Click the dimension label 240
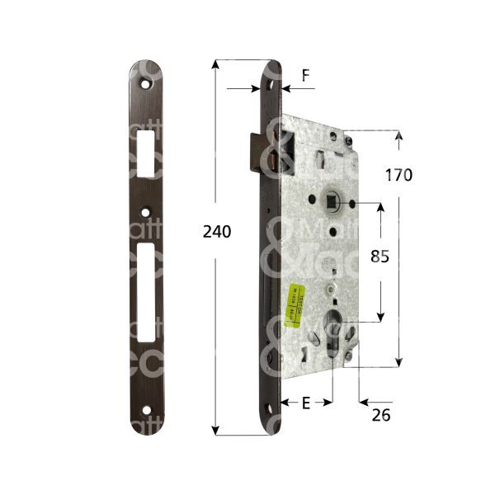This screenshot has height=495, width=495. click(217, 232)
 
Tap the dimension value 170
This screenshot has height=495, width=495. click(398, 175)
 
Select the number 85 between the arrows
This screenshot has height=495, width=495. click(379, 257)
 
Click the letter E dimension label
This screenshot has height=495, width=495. click(305, 403)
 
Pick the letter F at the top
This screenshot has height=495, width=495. click(305, 75)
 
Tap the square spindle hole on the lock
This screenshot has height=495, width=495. click(332, 200)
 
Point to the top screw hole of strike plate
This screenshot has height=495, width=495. click(148, 84)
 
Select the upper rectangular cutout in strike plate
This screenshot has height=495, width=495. click(148, 148)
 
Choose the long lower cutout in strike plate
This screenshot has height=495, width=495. click(148, 292)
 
